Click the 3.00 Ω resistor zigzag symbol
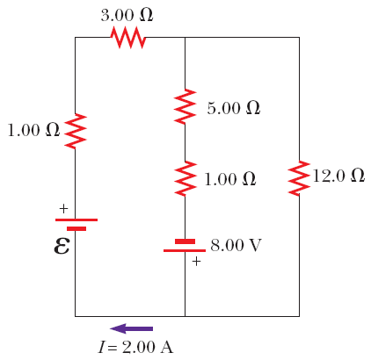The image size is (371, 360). [x=127, y=38]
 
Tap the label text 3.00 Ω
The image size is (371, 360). [x=127, y=15]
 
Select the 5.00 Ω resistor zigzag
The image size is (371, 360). [x=185, y=106]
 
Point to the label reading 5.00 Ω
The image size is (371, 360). [x=233, y=108]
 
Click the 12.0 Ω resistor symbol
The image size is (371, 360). [x=299, y=177]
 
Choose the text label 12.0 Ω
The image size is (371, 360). [x=338, y=176]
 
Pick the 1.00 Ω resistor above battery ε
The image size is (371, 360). [x=76, y=131]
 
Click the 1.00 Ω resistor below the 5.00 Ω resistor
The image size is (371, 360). [x=185, y=178]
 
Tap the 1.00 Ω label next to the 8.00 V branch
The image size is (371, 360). [x=229, y=179]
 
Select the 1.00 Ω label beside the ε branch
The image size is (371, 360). [x=33, y=131]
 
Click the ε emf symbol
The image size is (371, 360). [x=62, y=244]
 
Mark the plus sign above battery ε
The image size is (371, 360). [x=62, y=209]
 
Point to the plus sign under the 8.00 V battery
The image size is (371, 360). [x=196, y=261]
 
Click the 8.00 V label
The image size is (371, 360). [x=236, y=244]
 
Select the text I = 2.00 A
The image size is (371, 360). [x=135, y=347]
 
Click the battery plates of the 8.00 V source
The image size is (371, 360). [x=185, y=245]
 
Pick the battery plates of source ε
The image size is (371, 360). [x=76, y=223]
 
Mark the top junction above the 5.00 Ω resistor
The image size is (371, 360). [x=185, y=38]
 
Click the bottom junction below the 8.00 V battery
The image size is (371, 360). [x=185, y=315]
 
